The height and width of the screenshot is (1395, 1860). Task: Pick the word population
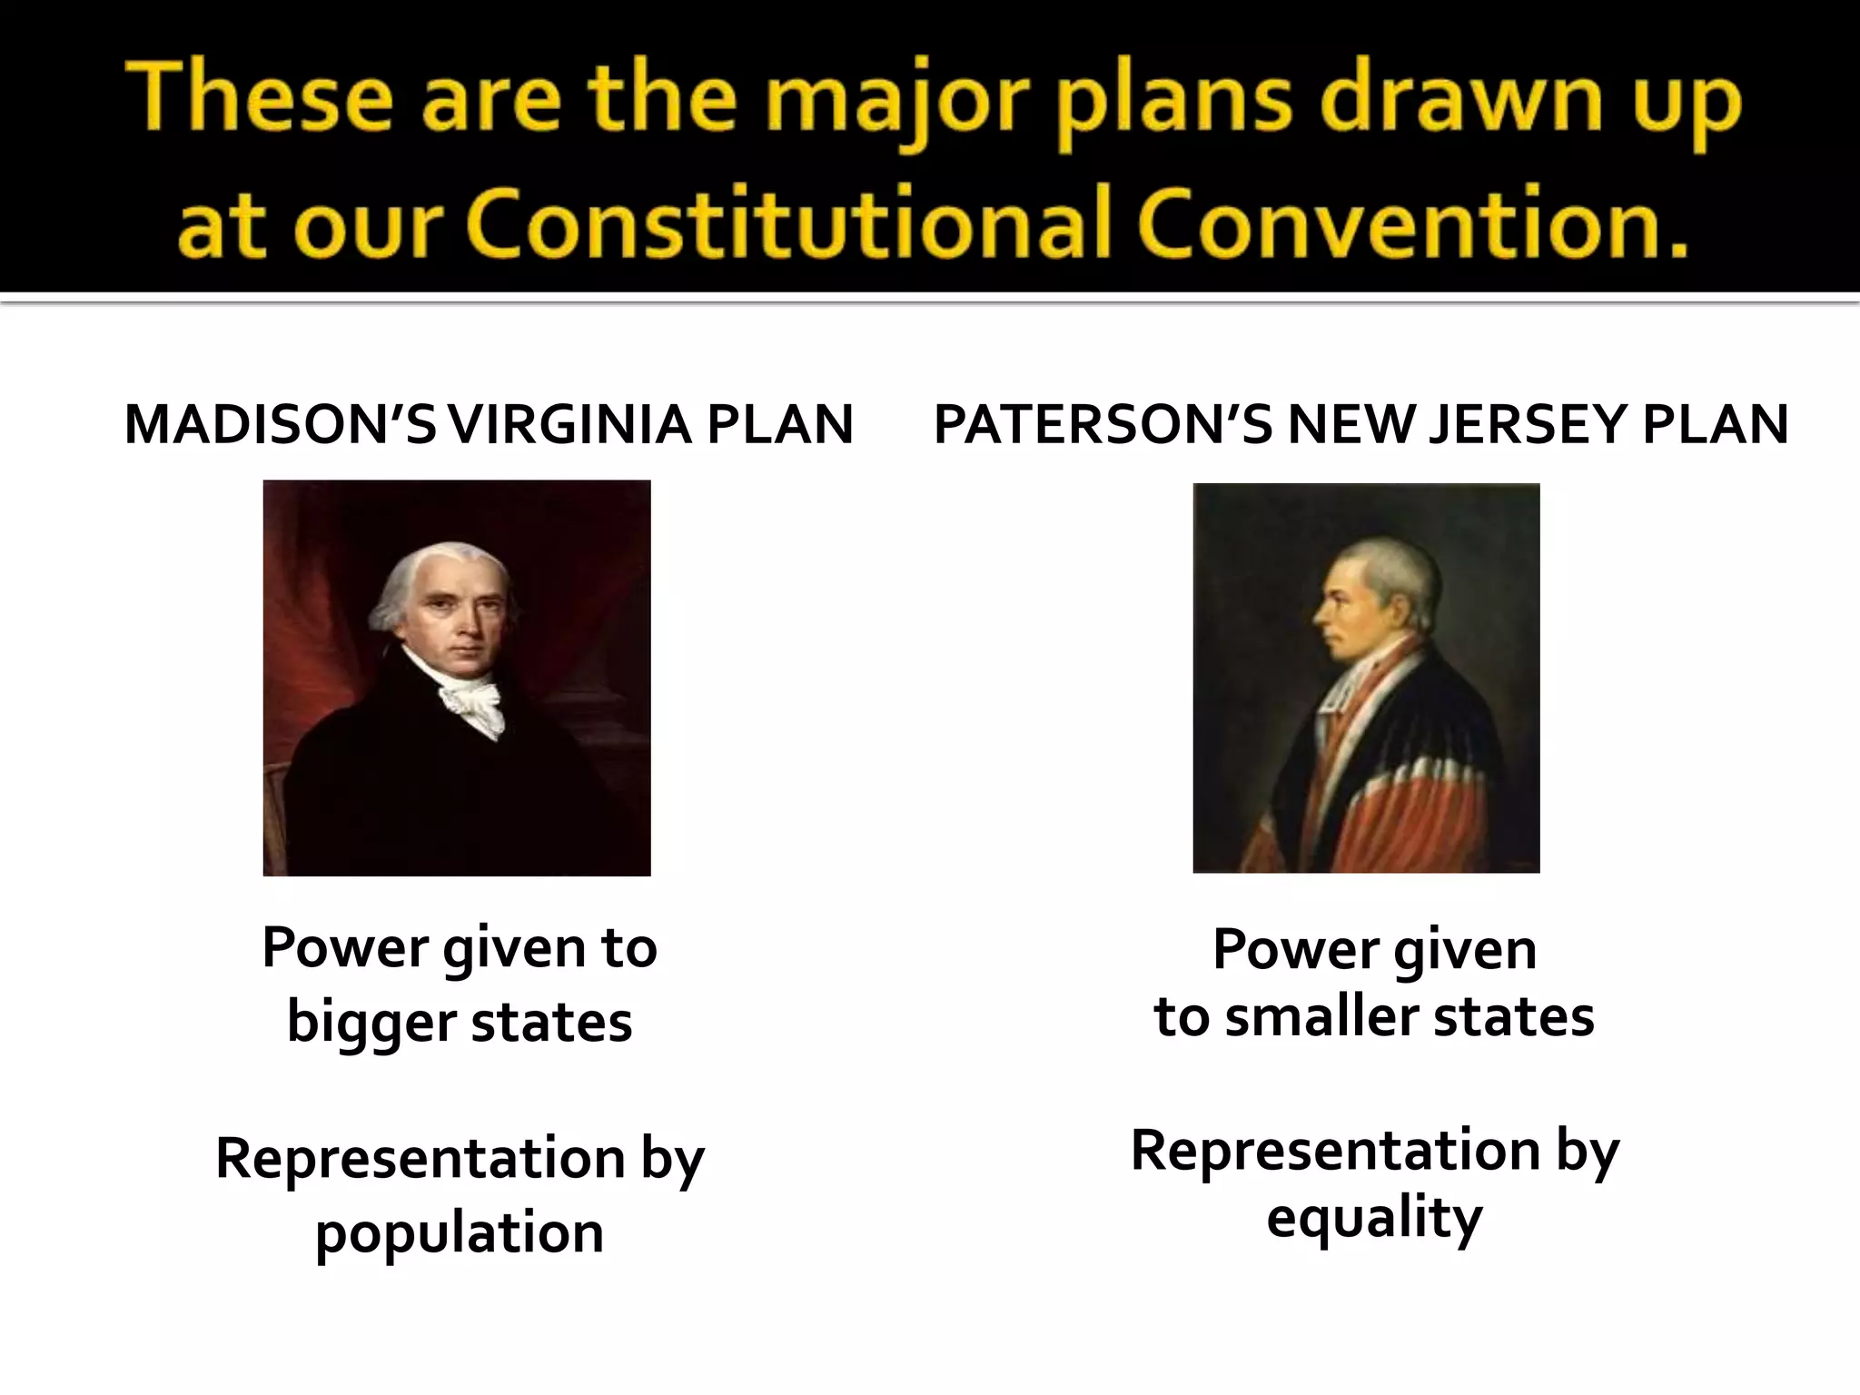point(460,1233)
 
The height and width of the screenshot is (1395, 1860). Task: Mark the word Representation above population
point(420,1159)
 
